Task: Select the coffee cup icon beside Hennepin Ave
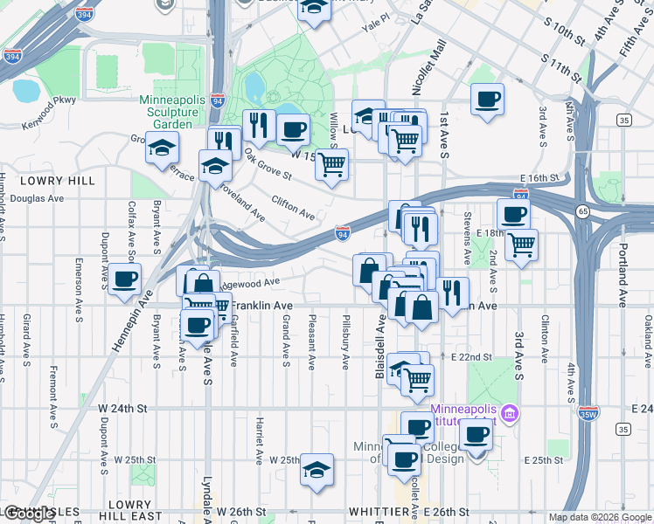(x=125, y=279)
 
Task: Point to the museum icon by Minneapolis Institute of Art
(x=511, y=412)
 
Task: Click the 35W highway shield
(x=589, y=410)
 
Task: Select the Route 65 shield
(x=581, y=210)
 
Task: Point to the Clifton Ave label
(x=293, y=208)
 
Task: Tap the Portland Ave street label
(x=622, y=279)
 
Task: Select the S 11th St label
(x=562, y=67)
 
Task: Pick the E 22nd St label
(x=473, y=357)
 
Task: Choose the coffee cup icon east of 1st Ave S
(x=487, y=99)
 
